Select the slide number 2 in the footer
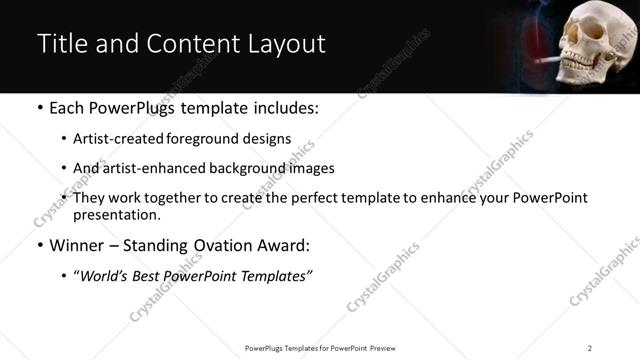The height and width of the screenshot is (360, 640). click(590, 347)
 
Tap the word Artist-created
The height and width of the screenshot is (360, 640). click(116, 140)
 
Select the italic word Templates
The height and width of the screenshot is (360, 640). click(281, 275)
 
